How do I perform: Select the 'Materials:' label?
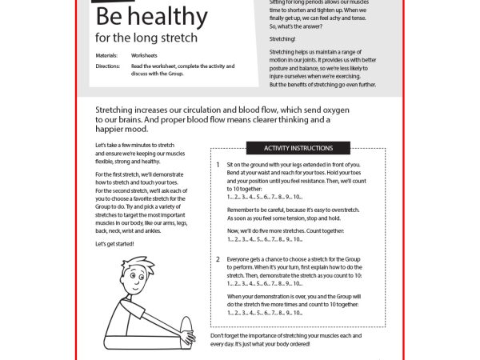[106, 56]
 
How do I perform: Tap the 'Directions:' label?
[106, 66]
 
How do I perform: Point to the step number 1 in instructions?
[218, 165]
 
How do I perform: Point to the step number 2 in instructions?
[218, 259]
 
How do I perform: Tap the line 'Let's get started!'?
[115, 243]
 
